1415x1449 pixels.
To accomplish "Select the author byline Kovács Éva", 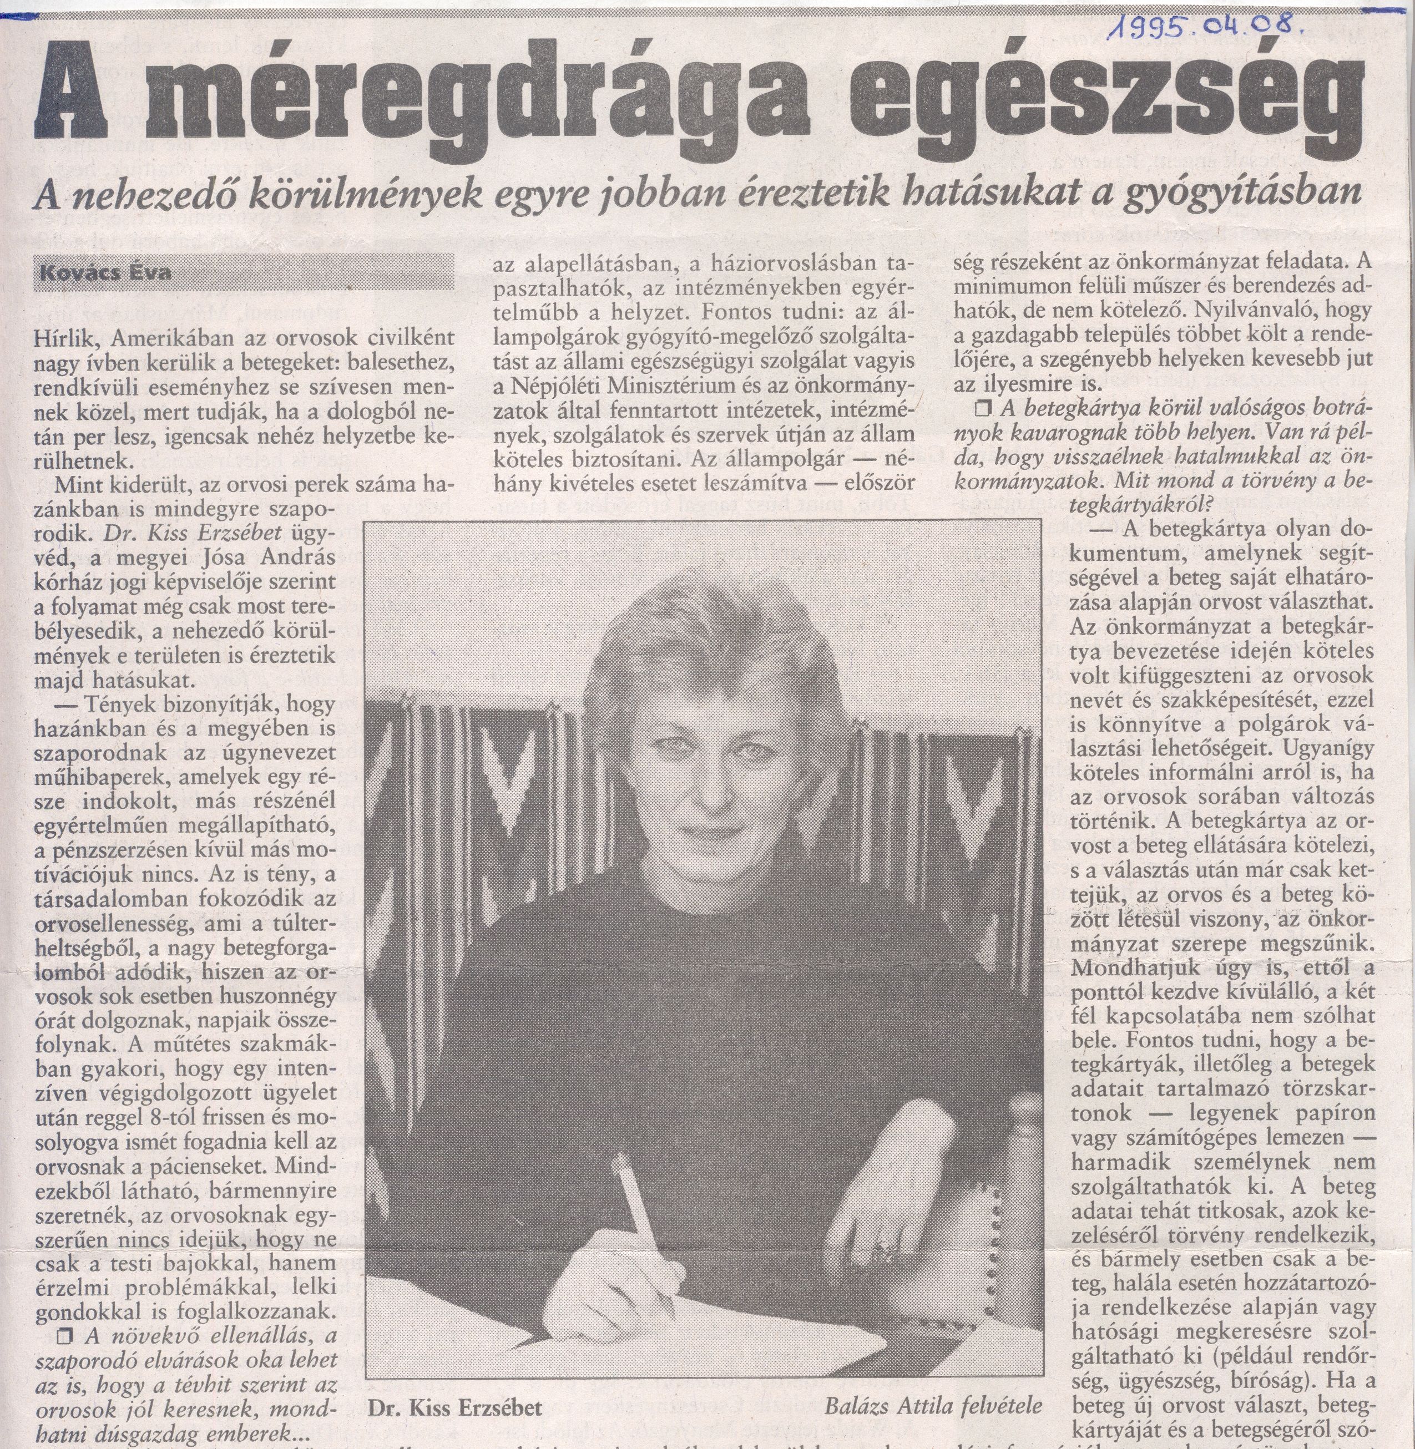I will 105,272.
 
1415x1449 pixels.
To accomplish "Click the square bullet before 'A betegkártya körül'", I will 983,407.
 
